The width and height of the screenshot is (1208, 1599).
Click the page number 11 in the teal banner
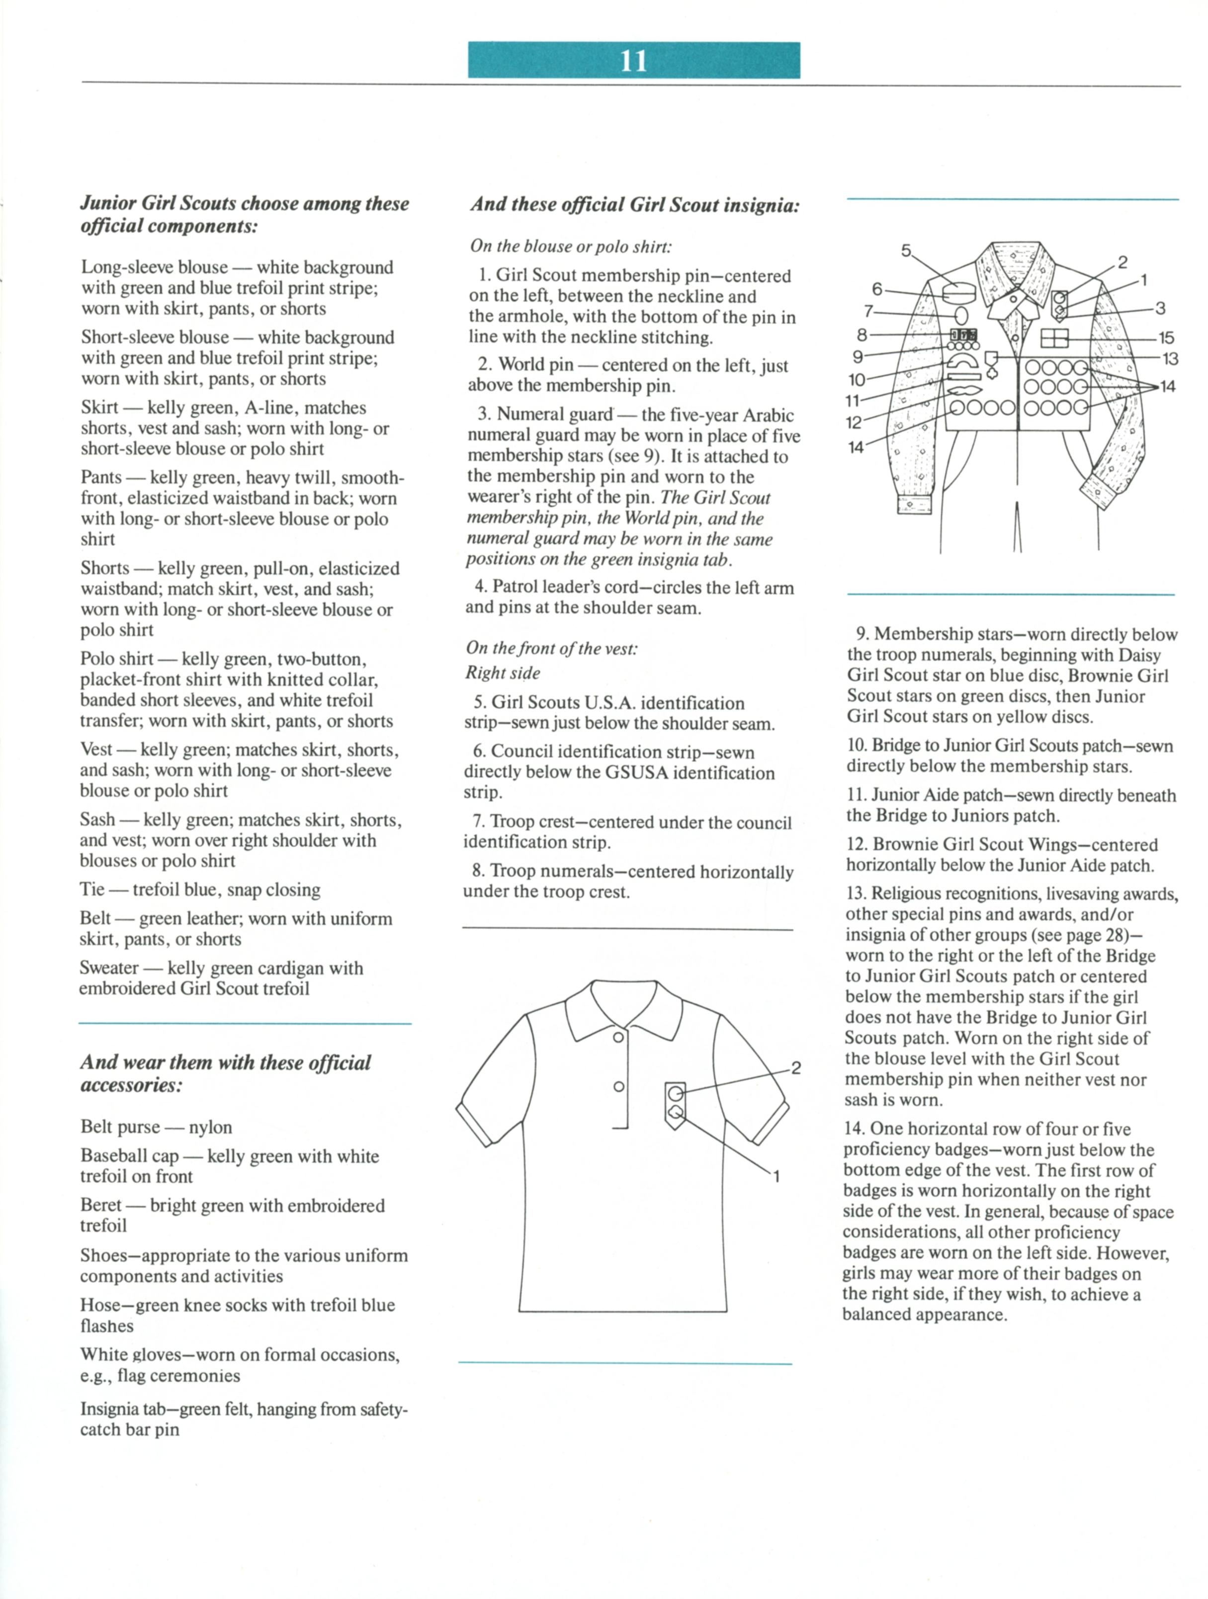point(633,61)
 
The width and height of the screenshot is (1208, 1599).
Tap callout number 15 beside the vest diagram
point(1166,338)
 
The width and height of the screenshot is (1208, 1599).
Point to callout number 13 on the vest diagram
point(1170,358)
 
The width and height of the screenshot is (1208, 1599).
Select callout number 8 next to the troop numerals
point(862,335)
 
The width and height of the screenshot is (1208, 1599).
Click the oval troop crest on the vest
point(961,315)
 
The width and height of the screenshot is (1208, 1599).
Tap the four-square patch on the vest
point(1054,338)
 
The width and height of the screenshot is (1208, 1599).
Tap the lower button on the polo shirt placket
point(619,1086)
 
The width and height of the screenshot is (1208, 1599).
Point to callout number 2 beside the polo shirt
point(795,1067)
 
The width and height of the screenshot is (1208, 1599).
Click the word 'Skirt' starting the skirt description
point(99,408)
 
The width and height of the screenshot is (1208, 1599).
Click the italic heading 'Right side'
point(503,673)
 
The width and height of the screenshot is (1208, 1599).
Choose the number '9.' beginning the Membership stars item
point(863,634)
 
